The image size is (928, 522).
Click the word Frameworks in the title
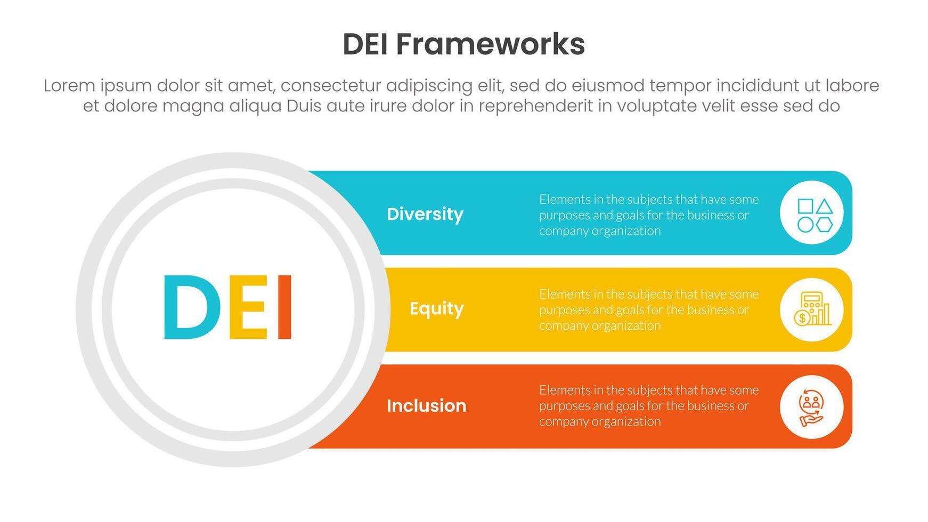click(490, 44)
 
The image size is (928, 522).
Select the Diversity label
click(425, 214)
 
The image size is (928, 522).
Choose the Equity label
click(436, 309)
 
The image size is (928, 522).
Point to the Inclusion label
click(426, 406)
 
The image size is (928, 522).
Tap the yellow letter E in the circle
click(249, 307)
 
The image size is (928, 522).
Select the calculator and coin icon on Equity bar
click(811, 309)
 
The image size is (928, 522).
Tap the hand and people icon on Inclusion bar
click(811, 407)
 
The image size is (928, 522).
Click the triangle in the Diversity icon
click(824, 207)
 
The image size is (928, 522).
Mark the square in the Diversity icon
click(805, 207)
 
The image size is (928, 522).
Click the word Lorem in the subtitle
click(69, 86)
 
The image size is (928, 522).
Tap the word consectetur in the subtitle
click(331, 86)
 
